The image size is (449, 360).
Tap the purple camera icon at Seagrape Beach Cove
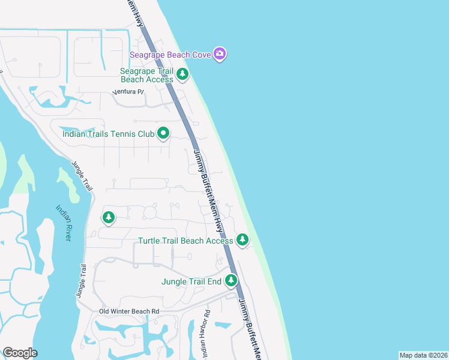pyautogui.click(x=220, y=55)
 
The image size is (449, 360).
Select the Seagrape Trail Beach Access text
pyautogui.click(x=146, y=75)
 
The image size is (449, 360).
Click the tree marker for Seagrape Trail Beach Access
pyautogui.click(x=182, y=75)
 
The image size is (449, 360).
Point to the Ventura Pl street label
pyautogui.click(x=129, y=92)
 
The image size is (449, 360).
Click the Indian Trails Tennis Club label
pyautogui.click(x=109, y=134)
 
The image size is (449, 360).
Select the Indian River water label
pyautogui.click(x=64, y=223)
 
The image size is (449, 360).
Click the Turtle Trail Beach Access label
pyautogui.click(x=185, y=241)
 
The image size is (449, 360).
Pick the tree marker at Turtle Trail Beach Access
pyautogui.click(x=242, y=240)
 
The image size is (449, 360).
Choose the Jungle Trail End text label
pyautogui.click(x=191, y=281)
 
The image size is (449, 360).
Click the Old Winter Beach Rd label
pyautogui.click(x=129, y=311)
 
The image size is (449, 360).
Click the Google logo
pyautogui.click(x=20, y=353)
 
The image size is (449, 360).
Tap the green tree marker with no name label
pyautogui.click(x=109, y=217)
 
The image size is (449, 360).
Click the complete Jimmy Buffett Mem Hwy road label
pyautogui.click(x=208, y=191)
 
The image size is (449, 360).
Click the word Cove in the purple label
pyautogui.click(x=201, y=55)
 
